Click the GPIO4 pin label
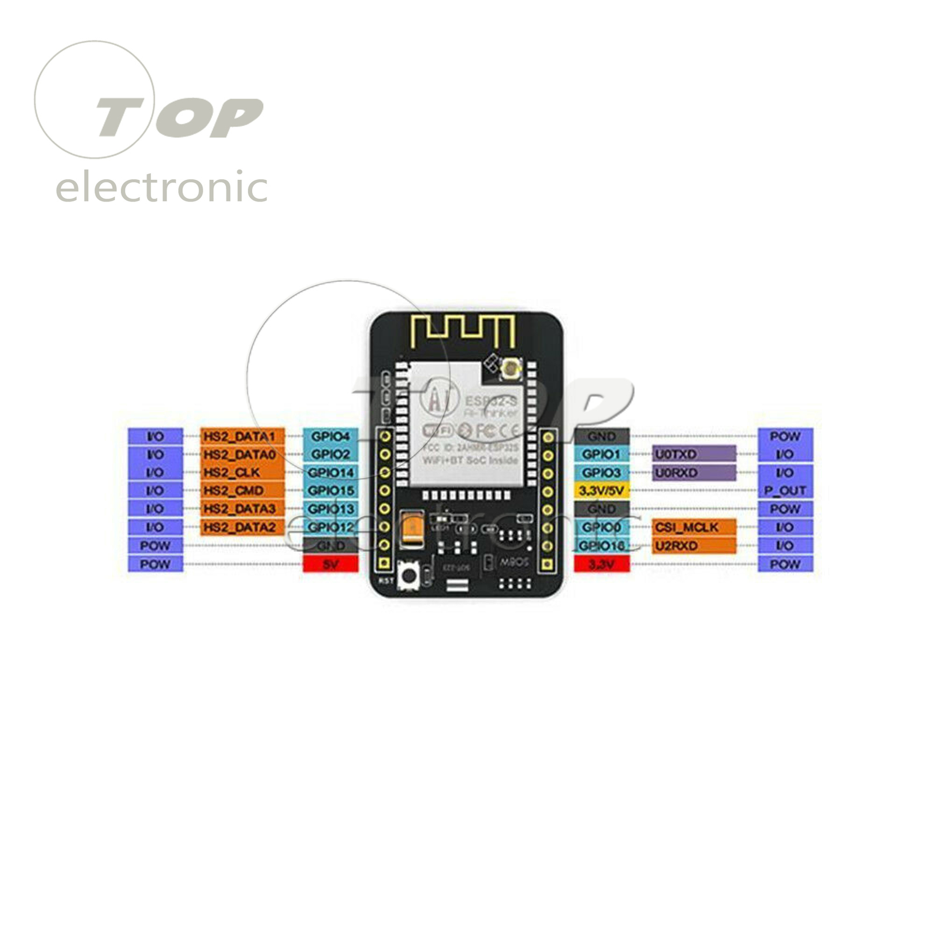pos(330,436)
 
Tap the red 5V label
pos(330,564)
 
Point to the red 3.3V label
pos(601,564)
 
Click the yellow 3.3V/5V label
pos(601,490)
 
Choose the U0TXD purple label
pos(693,454)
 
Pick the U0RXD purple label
pos(693,472)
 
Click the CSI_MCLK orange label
pos(693,527)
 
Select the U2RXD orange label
pos(693,546)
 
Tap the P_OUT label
pos(785,490)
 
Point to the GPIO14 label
pos(330,472)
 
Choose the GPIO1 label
pos(601,454)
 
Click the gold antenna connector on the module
pos(511,367)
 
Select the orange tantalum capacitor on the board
pos(413,529)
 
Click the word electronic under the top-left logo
pos(162,188)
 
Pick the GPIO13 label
pos(330,509)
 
